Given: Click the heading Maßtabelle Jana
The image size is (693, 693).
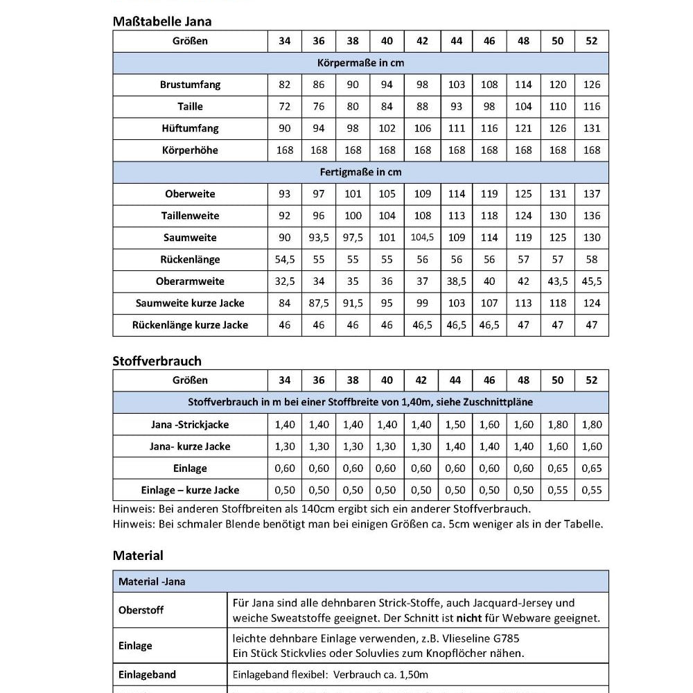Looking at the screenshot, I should [162, 21].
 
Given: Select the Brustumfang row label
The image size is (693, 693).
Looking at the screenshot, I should [190, 85].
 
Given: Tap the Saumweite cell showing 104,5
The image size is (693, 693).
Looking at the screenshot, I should [422, 238].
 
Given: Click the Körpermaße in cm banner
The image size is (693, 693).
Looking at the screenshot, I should [360, 63].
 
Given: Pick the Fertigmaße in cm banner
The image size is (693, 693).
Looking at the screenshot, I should [360, 172].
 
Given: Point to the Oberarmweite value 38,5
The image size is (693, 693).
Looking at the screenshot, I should [456, 281].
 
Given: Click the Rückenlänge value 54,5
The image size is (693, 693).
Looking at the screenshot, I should [284, 259].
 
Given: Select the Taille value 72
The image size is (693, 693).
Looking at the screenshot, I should [284, 107].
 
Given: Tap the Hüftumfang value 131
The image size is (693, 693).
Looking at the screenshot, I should [592, 128].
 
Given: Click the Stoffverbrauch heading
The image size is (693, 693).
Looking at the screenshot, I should [157, 360].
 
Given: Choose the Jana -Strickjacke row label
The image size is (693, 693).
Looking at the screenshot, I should [190, 425].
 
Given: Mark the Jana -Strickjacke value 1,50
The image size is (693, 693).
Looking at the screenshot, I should [456, 425].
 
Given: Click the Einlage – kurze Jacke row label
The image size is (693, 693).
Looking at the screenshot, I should [190, 490].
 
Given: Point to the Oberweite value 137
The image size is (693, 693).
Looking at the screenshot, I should [592, 194].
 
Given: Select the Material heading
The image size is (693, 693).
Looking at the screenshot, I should [138, 555].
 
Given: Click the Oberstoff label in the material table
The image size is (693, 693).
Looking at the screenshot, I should [141, 611].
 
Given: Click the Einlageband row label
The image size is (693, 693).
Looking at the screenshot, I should [148, 674].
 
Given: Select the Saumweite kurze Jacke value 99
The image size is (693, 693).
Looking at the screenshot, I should [422, 303].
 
